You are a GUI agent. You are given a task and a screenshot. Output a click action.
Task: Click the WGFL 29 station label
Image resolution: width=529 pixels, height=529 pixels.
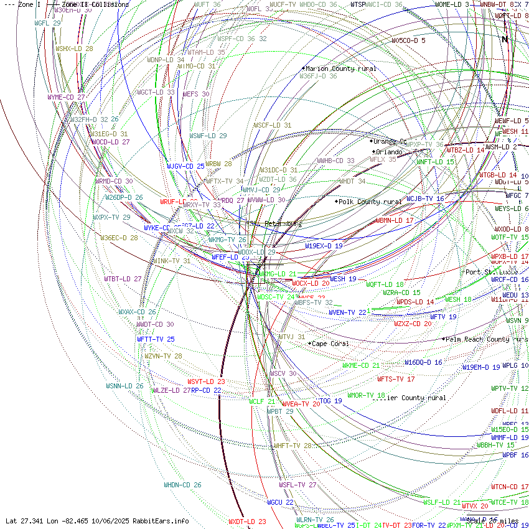point(47,23)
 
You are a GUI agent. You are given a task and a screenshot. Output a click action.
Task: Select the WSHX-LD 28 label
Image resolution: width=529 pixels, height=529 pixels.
point(74,49)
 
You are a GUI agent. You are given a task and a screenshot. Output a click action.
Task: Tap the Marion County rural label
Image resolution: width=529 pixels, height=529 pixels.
point(341,68)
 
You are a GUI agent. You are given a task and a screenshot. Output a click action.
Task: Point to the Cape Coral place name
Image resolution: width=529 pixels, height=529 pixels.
point(330,344)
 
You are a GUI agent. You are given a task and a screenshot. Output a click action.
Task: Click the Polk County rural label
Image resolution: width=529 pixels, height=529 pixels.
point(370,202)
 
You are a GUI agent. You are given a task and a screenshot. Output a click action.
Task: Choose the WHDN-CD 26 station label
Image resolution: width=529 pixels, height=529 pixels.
point(182,485)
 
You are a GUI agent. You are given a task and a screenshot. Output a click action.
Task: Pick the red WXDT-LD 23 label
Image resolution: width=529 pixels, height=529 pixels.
point(247,522)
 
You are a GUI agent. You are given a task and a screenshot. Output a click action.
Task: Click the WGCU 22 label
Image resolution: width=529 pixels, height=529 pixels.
point(280,502)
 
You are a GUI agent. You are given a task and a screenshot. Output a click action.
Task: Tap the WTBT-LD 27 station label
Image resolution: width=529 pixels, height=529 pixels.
point(123,279)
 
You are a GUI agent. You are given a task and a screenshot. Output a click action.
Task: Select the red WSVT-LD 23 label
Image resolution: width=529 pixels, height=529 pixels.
point(206,382)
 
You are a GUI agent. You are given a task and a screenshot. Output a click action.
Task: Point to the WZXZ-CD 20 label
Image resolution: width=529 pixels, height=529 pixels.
point(413,324)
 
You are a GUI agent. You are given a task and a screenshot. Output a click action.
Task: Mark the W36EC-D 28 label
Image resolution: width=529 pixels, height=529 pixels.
point(119,238)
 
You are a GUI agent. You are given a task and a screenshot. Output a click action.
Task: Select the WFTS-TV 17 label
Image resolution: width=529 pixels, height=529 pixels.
point(396,379)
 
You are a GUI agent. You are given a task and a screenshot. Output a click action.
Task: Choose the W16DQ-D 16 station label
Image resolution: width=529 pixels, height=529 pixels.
point(423,362)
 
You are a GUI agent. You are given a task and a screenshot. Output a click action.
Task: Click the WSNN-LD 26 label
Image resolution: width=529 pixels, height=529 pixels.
point(124,386)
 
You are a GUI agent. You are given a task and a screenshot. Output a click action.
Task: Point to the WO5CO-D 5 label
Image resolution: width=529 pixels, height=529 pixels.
point(408,40)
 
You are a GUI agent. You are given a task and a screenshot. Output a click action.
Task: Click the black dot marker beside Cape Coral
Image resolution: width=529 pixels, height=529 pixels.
point(309,344)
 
